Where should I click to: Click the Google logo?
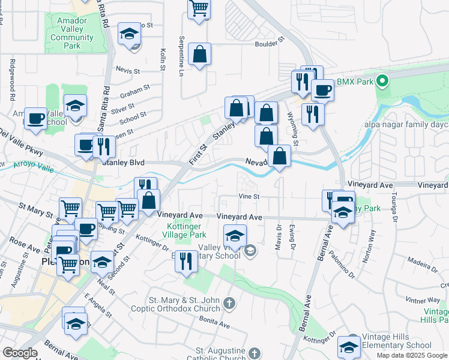tap(20, 353)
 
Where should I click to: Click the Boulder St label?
tap(268, 44)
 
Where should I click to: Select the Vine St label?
tap(248, 196)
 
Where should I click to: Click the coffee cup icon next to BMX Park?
tap(322, 91)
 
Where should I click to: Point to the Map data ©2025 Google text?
tap(412, 355)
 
